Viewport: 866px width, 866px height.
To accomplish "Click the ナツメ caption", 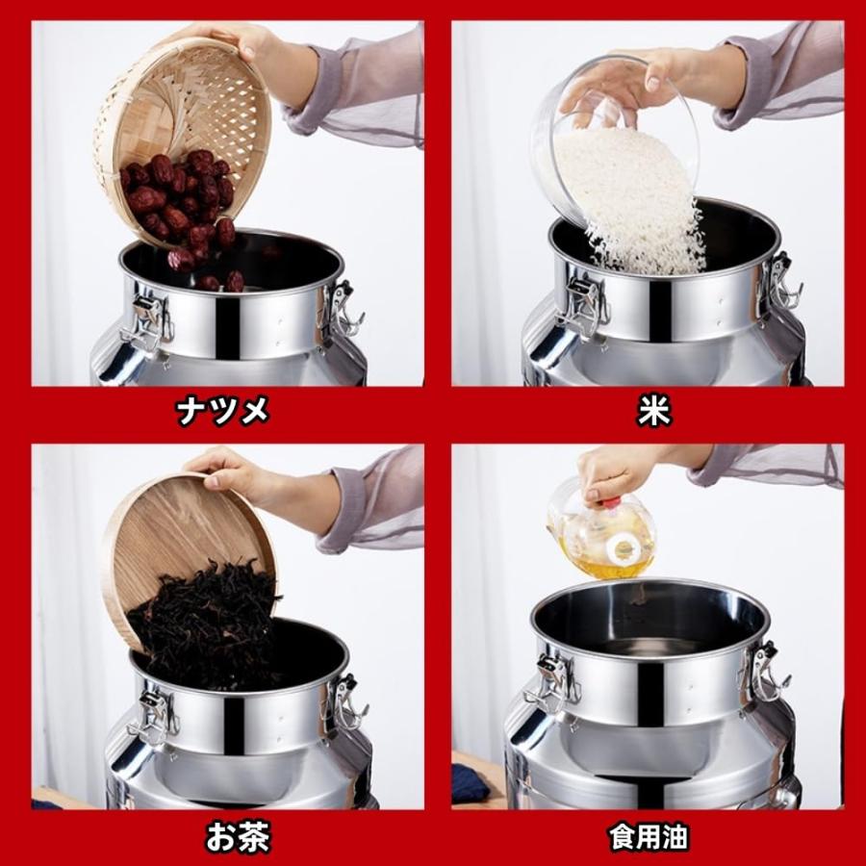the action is [x=222, y=411].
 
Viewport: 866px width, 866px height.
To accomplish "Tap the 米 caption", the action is [x=654, y=411].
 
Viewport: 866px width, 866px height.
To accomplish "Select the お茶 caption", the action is [x=238, y=837].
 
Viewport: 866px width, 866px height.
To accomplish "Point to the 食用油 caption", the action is [x=649, y=837].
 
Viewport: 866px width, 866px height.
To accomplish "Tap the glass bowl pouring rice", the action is [x=613, y=138].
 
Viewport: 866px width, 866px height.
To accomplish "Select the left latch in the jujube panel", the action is [x=146, y=323].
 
